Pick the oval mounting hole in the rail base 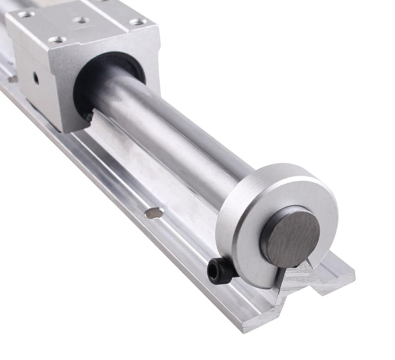[x=154, y=213]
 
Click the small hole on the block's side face [x=36, y=78]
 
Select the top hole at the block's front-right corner [x=138, y=22]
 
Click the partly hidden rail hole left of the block [x=13, y=79]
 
